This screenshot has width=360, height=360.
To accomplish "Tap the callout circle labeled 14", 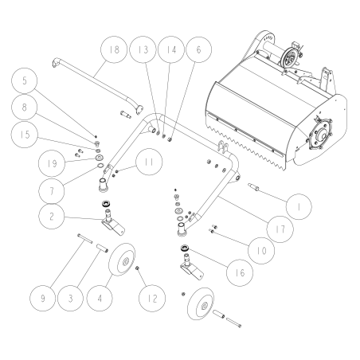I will pyautogui.click(x=169, y=49).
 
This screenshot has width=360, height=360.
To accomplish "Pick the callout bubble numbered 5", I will pyautogui.click(x=25, y=81).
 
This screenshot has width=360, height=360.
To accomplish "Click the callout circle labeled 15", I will pyautogui.click(x=25, y=135).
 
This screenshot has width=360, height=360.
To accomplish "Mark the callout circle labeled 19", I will pyautogui.click(x=29, y=164).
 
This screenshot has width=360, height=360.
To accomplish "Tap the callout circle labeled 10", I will pyautogui.click(x=260, y=251).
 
